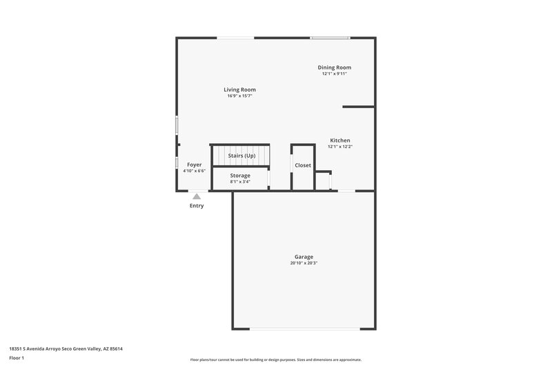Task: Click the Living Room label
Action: tap(239, 90)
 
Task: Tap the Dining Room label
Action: tap(335, 67)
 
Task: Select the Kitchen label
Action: tap(339, 140)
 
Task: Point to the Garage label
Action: tap(304, 257)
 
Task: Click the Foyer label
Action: tap(195, 165)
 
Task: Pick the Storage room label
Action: tap(240, 176)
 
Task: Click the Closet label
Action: tap(303, 165)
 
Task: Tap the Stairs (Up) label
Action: tap(241, 156)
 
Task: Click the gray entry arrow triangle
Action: tap(197, 197)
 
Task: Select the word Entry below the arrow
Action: tap(197, 206)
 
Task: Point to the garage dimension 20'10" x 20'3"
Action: tap(304, 263)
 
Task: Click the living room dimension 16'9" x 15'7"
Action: tap(239, 96)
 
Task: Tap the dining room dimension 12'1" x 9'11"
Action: tap(335, 74)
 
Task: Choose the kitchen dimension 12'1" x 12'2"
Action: tap(339, 147)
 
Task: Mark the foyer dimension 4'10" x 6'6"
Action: tap(195, 171)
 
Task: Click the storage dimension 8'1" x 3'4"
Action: tap(240, 182)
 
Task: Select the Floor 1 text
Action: tap(17, 358)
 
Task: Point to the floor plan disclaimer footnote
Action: tap(275, 359)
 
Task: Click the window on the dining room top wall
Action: tap(329, 38)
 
